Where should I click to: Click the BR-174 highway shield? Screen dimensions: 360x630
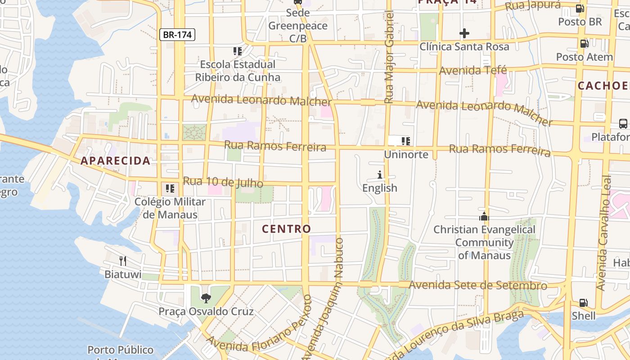tap(177, 35)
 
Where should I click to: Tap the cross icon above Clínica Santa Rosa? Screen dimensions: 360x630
tap(464, 33)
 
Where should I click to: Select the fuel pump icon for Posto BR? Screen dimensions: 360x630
tap(580, 8)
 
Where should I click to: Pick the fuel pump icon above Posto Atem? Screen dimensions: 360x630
tap(584, 43)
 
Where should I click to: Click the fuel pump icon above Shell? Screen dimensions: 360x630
tap(583, 302)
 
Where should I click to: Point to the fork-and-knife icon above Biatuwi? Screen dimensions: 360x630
tap(122, 261)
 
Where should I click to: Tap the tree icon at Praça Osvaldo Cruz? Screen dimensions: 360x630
tap(206, 298)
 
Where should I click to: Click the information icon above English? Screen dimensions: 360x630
tap(380, 175)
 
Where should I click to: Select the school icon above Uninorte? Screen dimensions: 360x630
tap(406, 141)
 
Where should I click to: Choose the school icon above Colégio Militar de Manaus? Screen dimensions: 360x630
tap(170, 188)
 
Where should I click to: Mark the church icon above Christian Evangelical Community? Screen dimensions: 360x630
tap(484, 216)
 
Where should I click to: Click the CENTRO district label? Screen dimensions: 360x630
tap(287, 229)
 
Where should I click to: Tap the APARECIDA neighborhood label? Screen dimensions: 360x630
tap(115, 161)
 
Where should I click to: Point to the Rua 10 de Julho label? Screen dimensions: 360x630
tap(223, 182)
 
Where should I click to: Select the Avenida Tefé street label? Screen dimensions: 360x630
tap(472, 70)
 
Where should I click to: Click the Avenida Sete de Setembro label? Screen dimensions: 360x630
tap(478, 285)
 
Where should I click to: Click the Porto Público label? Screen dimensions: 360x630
tap(120, 350)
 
